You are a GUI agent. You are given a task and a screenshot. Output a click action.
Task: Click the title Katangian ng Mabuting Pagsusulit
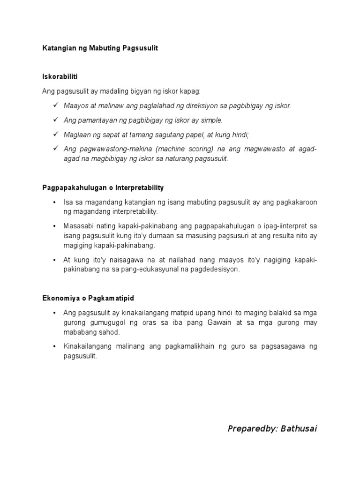(x=100, y=48)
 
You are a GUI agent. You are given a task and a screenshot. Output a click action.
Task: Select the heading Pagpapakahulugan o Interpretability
(x=103, y=187)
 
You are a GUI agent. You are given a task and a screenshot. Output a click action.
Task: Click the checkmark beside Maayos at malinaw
(x=55, y=105)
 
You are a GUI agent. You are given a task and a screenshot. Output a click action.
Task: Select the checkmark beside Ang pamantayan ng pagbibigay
(x=55, y=120)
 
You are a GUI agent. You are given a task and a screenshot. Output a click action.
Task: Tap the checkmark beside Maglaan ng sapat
(x=55, y=135)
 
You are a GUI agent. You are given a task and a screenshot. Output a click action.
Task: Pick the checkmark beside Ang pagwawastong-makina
(x=55, y=149)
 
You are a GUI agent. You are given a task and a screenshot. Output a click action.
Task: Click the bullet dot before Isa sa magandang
(x=55, y=202)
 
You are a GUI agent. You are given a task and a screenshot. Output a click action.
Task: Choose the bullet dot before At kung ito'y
(x=55, y=260)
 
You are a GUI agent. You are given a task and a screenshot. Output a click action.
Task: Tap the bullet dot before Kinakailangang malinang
(x=55, y=346)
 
